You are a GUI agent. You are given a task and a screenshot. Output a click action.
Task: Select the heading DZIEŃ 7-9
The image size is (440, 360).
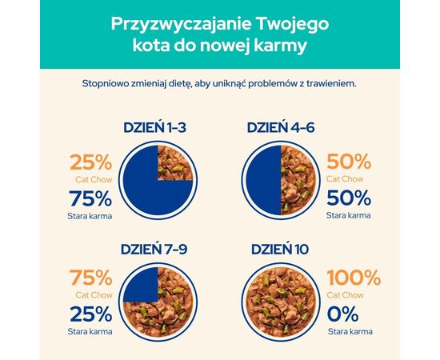point(158,249)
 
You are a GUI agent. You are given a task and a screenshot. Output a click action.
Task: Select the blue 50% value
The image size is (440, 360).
point(349,198)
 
